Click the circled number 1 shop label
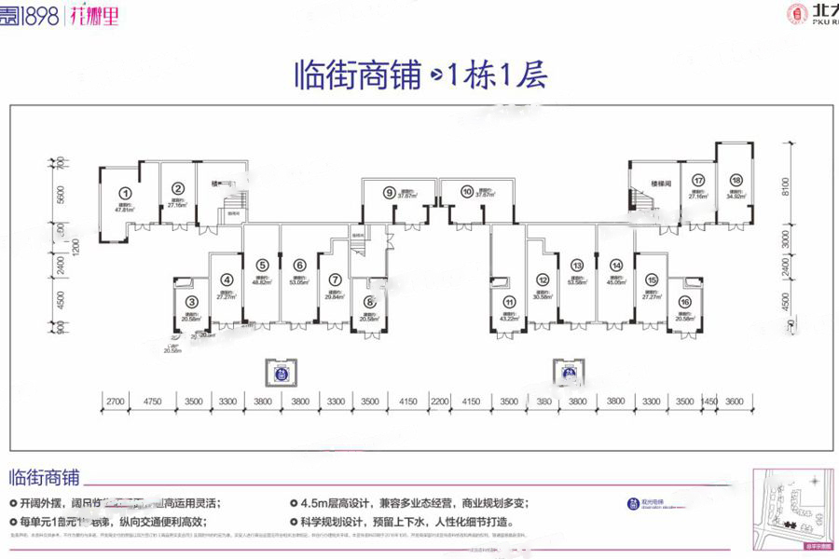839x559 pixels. click(x=123, y=195)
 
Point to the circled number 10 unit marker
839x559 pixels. click(x=466, y=193)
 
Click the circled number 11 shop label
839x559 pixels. click(x=509, y=301)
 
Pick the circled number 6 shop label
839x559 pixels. click(x=299, y=265)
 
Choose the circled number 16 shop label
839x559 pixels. click(x=685, y=301)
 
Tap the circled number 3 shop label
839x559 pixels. click(x=191, y=301)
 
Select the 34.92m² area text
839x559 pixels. click(x=736, y=197)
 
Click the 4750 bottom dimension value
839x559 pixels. click(x=153, y=401)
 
